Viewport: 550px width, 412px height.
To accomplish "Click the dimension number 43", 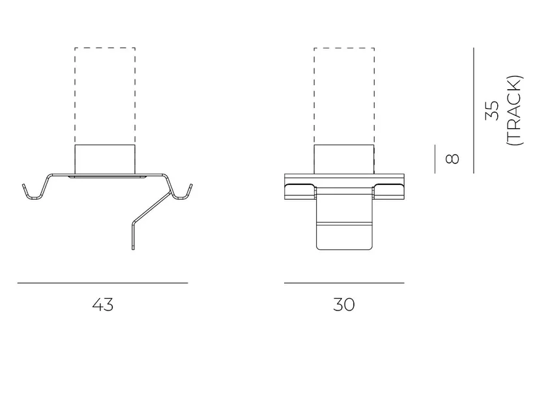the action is point(103,305).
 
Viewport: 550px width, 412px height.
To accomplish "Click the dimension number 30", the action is point(344,305).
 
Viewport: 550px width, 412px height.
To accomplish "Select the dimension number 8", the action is point(452,159).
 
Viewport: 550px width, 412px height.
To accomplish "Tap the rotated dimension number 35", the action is point(492,111).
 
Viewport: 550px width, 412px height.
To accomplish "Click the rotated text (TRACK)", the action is point(515,111).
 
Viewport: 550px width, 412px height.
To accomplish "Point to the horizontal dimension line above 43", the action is point(103,282).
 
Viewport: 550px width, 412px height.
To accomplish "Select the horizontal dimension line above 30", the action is point(344,282).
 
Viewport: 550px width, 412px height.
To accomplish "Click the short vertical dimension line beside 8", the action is point(435,159).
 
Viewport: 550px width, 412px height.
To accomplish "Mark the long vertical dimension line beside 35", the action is point(474,111).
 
